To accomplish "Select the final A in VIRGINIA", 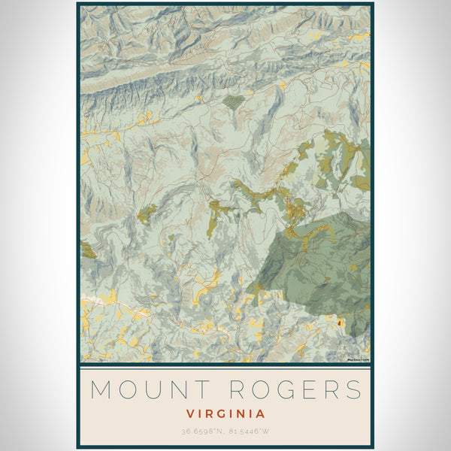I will click(x=260, y=413).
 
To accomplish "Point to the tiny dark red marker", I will click(x=340, y=323).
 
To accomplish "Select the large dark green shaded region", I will click(x=316, y=263).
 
